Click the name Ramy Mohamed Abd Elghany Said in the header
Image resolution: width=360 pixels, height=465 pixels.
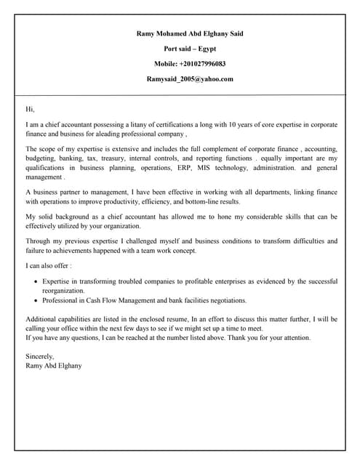click(190, 33)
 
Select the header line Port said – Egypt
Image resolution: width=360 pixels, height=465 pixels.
click(190, 49)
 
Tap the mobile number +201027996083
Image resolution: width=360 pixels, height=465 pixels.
click(190, 64)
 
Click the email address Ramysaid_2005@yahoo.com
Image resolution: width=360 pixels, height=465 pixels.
click(190, 79)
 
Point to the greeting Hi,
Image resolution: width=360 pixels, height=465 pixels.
click(30, 109)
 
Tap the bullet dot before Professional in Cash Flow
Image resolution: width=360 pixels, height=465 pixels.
click(35, 300)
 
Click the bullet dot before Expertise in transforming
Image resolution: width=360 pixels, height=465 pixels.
click(35, 281)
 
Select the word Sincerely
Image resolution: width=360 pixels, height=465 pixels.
click(40, 357)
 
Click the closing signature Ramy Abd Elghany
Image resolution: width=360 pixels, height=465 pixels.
click(54, 365)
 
